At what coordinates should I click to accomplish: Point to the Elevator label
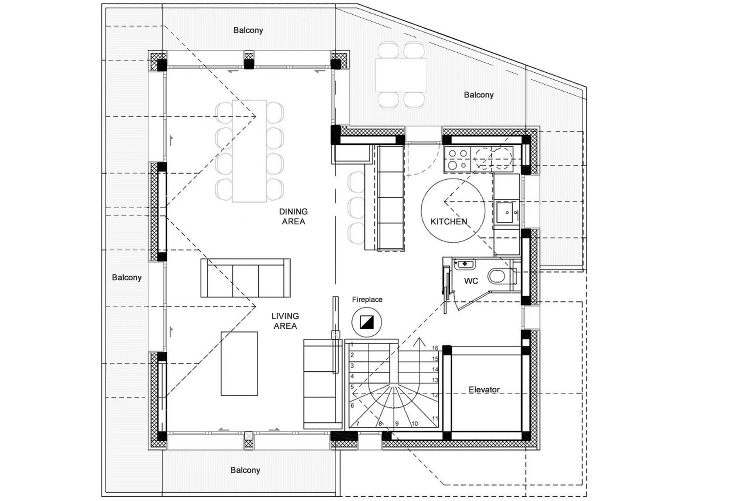484,389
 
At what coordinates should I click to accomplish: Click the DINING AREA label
293,216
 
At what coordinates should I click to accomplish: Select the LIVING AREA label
285,321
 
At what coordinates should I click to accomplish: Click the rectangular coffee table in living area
239,364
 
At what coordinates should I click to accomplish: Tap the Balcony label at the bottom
245,470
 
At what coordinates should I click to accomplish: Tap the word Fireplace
367,299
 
